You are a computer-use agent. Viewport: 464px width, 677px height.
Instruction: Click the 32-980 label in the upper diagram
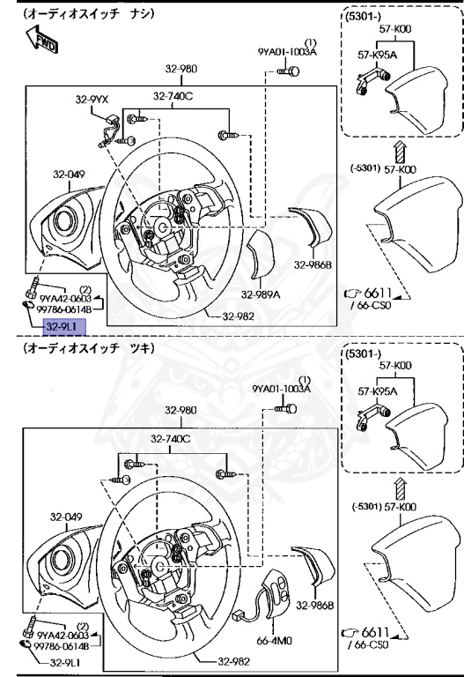181,68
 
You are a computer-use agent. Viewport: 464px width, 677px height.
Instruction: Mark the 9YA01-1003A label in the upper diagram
287,52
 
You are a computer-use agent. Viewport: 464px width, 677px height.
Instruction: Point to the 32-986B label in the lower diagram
312,606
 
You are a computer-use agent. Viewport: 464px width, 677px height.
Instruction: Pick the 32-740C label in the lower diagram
171,438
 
